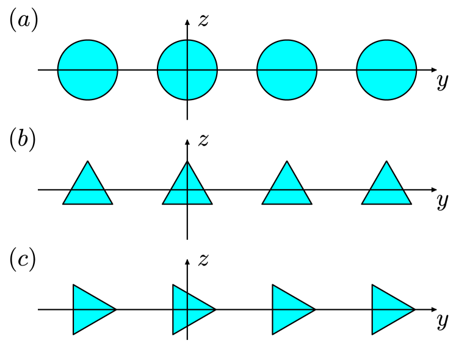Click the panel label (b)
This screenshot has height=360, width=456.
coord(23,140)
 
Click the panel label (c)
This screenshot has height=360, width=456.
coord(23,260)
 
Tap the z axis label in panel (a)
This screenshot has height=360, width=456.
coord(204,20)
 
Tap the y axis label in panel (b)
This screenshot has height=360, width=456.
coord(443,201)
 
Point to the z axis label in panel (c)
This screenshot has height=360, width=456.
coord(204,261)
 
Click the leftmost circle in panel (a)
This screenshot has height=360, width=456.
coord(88,70)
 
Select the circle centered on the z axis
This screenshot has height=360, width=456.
coord(187,70)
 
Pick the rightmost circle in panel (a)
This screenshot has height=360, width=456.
coord(386,70)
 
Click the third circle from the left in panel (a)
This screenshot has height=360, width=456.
coord(287,70)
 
